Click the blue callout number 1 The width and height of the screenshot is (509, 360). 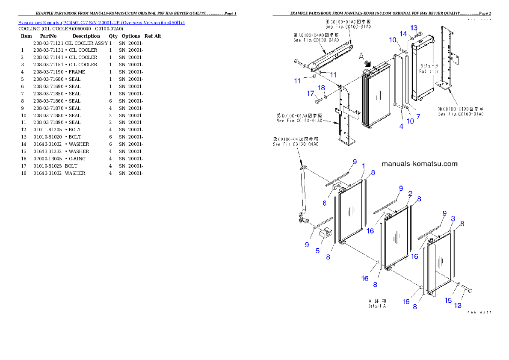click(x=363, y=166)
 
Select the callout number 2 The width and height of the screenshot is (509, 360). click(x=410, y=194)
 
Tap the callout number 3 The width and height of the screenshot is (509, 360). click(x=453, y=218)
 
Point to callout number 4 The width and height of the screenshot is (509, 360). click(x=401, y=126)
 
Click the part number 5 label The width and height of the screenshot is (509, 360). click(x=317, y=251)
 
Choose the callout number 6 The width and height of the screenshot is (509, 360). click(x=324, y=204)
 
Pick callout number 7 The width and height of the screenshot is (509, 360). click(x=418, y=116)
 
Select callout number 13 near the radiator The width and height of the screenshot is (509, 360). click(x=414, y=28)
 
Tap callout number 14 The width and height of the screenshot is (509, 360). click(x=403, y=33)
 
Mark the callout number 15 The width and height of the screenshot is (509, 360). click(x=448, y=301)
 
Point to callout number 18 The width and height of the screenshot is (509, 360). click(x=321, y=88)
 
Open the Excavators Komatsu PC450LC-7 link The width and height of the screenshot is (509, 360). click(x=101, y=23)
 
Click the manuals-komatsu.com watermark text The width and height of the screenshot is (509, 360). click(x=419, y=164)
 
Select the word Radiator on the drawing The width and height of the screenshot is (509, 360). click(x=429, y=72)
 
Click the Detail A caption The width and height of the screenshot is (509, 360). click(x=377, y=303)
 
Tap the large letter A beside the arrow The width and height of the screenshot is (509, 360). click(x=361, y=56)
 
